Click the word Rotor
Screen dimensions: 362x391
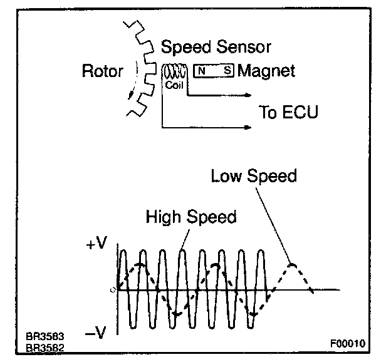[103, 71]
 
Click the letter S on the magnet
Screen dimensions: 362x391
[227, 71]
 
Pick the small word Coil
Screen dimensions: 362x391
[174, 85]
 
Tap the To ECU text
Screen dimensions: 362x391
[288, 113]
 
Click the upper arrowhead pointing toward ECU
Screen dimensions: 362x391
[248, 96]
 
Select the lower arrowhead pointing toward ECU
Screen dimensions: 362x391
[248, 128]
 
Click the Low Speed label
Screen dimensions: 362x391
[254, 176]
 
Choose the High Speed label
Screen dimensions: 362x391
[190, 217]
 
